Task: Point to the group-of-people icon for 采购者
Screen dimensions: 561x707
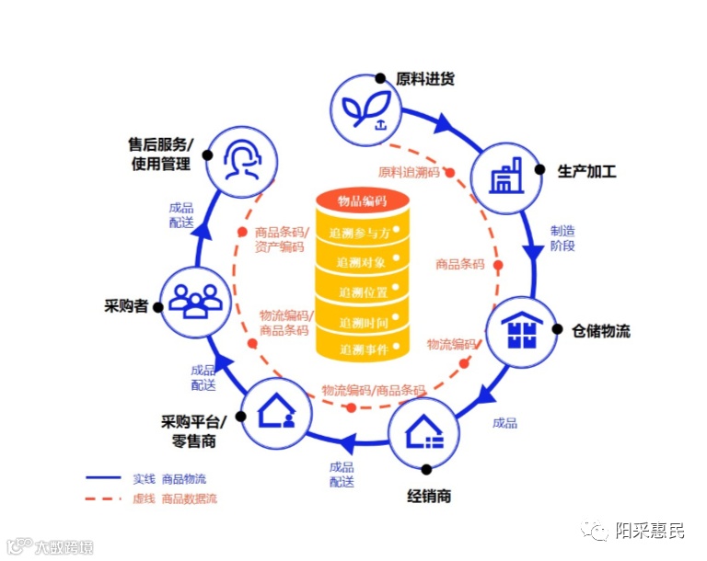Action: coord(196,299)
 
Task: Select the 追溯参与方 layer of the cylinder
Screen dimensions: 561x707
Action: coord(362,234)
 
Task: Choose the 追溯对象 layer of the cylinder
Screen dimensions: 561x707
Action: coord(362,263)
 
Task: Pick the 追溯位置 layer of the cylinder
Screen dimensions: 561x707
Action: coord(362,292)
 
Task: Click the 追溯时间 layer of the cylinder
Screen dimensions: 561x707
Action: coord(362,322)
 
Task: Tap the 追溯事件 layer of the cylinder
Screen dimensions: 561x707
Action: coord(362,349)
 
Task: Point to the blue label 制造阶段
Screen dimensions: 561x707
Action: coord(562,238)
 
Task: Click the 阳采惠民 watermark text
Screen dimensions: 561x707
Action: coord(649,531)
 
